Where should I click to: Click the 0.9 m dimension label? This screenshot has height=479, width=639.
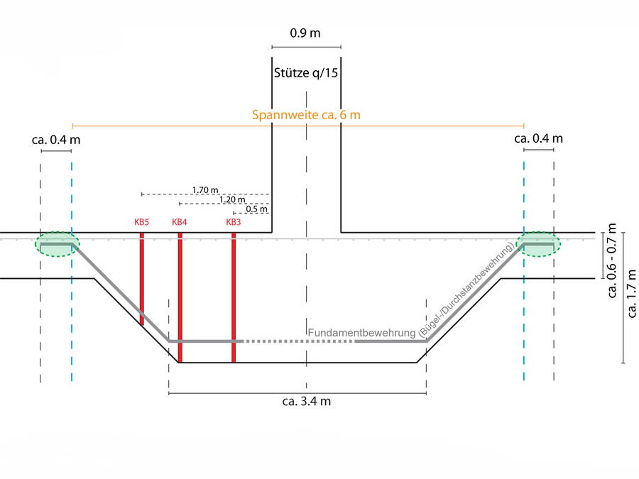(305, 33)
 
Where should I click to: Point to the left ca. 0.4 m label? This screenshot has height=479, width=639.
(56, 139)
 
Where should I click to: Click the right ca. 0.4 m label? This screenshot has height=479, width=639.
(538, 138)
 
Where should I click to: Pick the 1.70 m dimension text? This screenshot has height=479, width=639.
(204, 189)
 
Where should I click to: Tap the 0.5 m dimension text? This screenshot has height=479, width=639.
(257, 209)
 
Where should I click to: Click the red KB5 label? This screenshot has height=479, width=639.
(141, 222)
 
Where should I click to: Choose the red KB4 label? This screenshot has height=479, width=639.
(180, 222)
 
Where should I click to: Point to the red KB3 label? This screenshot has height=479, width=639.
(234, 222)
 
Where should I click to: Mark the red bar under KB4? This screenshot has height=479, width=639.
(180, 297)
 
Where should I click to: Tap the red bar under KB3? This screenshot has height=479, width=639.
(234, 297)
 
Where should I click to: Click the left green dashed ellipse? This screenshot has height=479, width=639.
(58, 244)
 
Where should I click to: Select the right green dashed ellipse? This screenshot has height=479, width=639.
(539, 244)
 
